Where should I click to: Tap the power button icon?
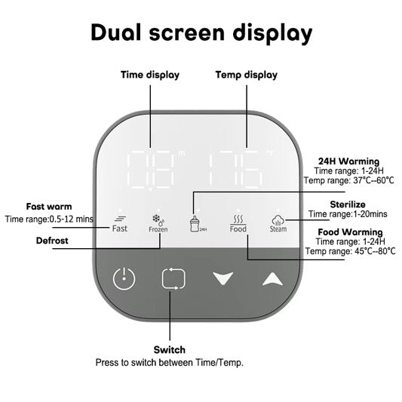click(x=124, y=279)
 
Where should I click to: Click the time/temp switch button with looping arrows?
click(x=173, y=278)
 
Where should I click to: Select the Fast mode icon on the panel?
click(x=120, y=224)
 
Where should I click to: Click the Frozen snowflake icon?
click(x=158, y=223)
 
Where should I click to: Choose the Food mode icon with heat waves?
click(x=238, y=224)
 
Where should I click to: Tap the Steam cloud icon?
click(x=278, y=224)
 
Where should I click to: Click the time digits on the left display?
click(x=150, y=170)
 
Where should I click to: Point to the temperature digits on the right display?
click(x=236, y=169)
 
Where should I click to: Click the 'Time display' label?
click(x=150, y=75)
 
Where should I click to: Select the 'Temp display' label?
click(x=247, y=75)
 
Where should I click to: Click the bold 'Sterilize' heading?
click(x=348, y=204)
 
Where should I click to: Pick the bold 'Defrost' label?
click(x=52, y=241)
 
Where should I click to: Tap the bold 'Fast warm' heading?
click(x=49, y=207)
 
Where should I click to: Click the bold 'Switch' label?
click(x=170, y=350)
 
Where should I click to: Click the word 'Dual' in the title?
click(x=116, y=32)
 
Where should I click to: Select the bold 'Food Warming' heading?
click(x=350, y=232)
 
